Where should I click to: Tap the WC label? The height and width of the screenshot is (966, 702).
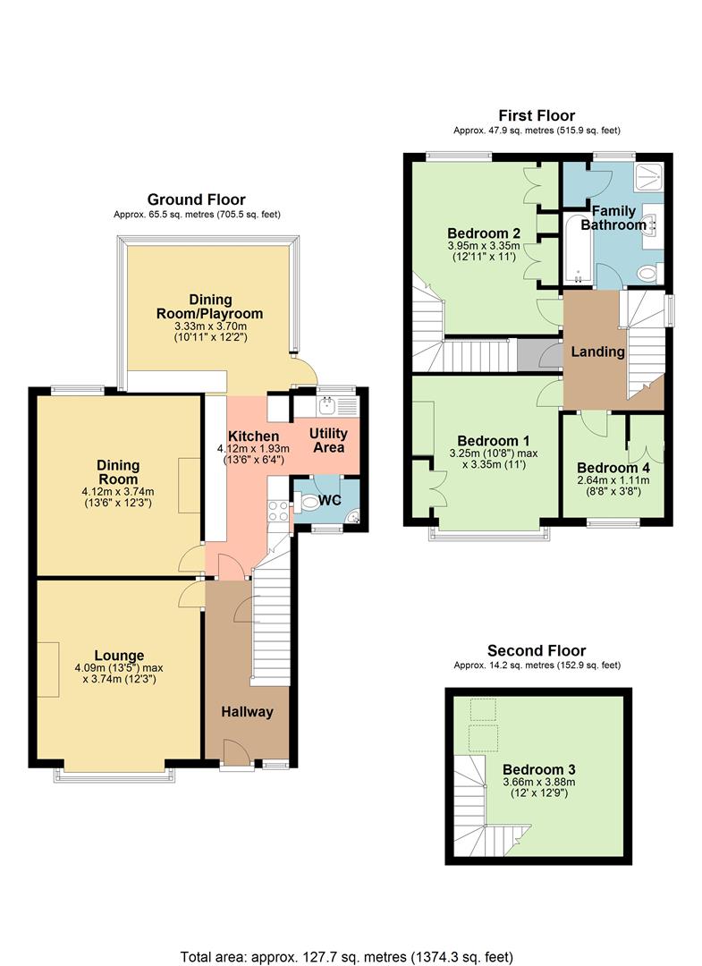tap(330, 500)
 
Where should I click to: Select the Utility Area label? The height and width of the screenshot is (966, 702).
tap(328, 440)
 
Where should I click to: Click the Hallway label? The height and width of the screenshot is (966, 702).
tap(247, 712)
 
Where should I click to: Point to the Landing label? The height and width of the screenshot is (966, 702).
tap(597, 352)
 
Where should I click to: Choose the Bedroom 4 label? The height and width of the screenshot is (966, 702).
tap(613, 468)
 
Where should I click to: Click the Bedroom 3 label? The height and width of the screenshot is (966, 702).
tap(538, 769)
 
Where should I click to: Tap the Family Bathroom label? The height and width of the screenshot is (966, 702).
tap(613, 217)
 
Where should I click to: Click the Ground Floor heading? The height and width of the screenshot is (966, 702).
tap(196, 199)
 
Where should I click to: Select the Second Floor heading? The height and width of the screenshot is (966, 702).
tap(537, 650)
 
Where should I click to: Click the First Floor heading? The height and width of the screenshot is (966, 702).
tap(537, 115)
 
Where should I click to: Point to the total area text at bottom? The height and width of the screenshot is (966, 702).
tap(347, 955)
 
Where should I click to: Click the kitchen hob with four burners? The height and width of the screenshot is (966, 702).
tap(278, 511)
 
